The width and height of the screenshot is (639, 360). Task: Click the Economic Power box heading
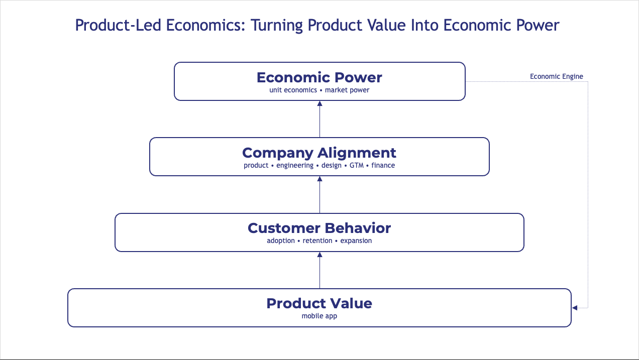(319, 77)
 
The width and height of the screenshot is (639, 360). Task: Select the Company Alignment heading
(319, 153)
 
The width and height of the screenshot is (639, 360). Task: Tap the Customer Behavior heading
(319, 228)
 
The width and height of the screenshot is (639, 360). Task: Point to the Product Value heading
(319, 303)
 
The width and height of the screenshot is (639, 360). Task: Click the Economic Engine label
(557, 76)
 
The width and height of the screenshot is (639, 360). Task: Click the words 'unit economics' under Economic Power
(293, 90)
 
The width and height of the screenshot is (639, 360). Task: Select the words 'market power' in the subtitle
(347, 90)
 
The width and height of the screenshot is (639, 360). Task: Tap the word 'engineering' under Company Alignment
(295, 166)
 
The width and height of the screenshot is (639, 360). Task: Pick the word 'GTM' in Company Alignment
(356, 166)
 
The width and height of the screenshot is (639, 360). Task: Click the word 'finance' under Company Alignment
(383, 166)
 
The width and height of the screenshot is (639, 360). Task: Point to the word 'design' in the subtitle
(332, 166)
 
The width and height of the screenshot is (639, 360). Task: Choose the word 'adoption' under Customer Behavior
(281, 241)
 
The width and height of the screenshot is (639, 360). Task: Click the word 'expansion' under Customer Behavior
(356, 241)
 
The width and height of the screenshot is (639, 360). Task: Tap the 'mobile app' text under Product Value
(319, 316)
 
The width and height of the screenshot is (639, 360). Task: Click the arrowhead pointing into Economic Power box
(319, 103)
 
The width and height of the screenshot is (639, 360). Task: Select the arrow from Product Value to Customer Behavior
(319, 271)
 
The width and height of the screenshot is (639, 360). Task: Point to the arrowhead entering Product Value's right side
(575, 308)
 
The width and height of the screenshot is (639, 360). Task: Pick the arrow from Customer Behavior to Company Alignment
(319, 196)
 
